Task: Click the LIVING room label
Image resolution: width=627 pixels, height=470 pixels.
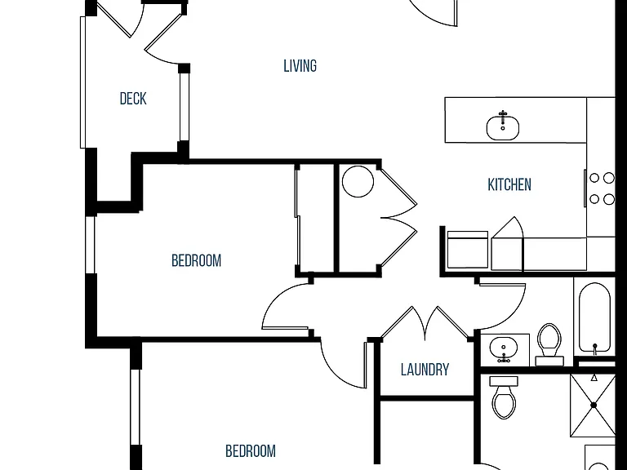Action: [300, 66]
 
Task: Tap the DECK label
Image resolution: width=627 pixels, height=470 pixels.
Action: [133, 99]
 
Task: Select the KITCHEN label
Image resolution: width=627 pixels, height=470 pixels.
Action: [509, 184]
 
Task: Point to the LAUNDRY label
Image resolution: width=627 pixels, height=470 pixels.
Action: [425, 370]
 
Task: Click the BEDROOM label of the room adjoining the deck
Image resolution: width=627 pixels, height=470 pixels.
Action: [196, 260]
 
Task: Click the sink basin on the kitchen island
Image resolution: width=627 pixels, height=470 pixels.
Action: [503, 128]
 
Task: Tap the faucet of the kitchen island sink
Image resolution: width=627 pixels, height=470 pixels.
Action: [503, 117]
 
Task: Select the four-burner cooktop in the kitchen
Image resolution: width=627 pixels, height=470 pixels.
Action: [601, 188]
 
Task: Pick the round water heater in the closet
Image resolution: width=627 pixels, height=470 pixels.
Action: [358, 181]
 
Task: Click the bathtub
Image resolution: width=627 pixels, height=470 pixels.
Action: [594, 318]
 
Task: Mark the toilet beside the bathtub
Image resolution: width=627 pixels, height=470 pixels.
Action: [549, 344]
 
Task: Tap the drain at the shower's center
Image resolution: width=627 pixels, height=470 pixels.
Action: [594, 406]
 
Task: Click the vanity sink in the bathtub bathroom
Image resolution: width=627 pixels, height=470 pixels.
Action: [504, 349]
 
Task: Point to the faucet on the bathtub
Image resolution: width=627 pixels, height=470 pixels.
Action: [595, 348]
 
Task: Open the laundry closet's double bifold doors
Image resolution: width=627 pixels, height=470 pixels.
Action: [425, 323]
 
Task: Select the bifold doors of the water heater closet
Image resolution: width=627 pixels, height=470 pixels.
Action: [398, 217]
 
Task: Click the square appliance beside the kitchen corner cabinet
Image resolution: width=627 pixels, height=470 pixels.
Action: [468, 250]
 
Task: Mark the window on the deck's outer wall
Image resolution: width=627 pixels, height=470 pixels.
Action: [83, 82]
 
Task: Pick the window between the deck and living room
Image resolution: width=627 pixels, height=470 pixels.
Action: [184, 107]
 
